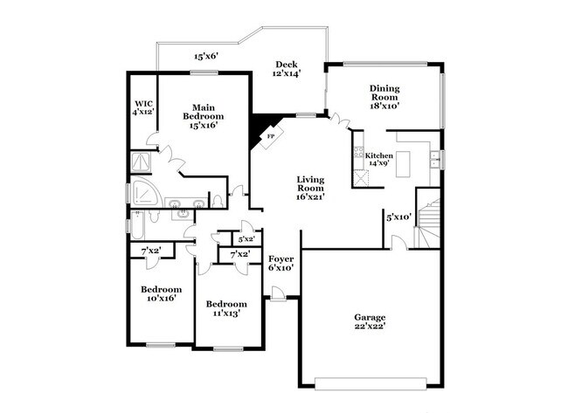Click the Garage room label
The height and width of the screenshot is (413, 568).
point(370,317)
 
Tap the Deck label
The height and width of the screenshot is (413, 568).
point(287,65)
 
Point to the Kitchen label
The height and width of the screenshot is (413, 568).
point(379,155)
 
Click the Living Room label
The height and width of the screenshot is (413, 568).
point(310,183)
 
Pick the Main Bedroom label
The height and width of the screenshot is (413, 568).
point(203,112)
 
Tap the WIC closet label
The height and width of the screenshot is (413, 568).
point(142,102)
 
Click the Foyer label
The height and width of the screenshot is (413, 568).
point(281,259)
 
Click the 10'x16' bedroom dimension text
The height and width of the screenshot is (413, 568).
point(162,298)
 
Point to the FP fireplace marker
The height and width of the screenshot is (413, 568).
point(271,137)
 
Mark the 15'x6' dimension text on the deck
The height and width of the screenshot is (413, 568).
point(206,57)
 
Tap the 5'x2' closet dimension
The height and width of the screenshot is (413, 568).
point(246,238)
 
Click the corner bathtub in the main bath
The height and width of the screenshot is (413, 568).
point(143,194)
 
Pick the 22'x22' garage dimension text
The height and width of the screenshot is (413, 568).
point(370,326)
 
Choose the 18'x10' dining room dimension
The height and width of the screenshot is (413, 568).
point(384,106)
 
